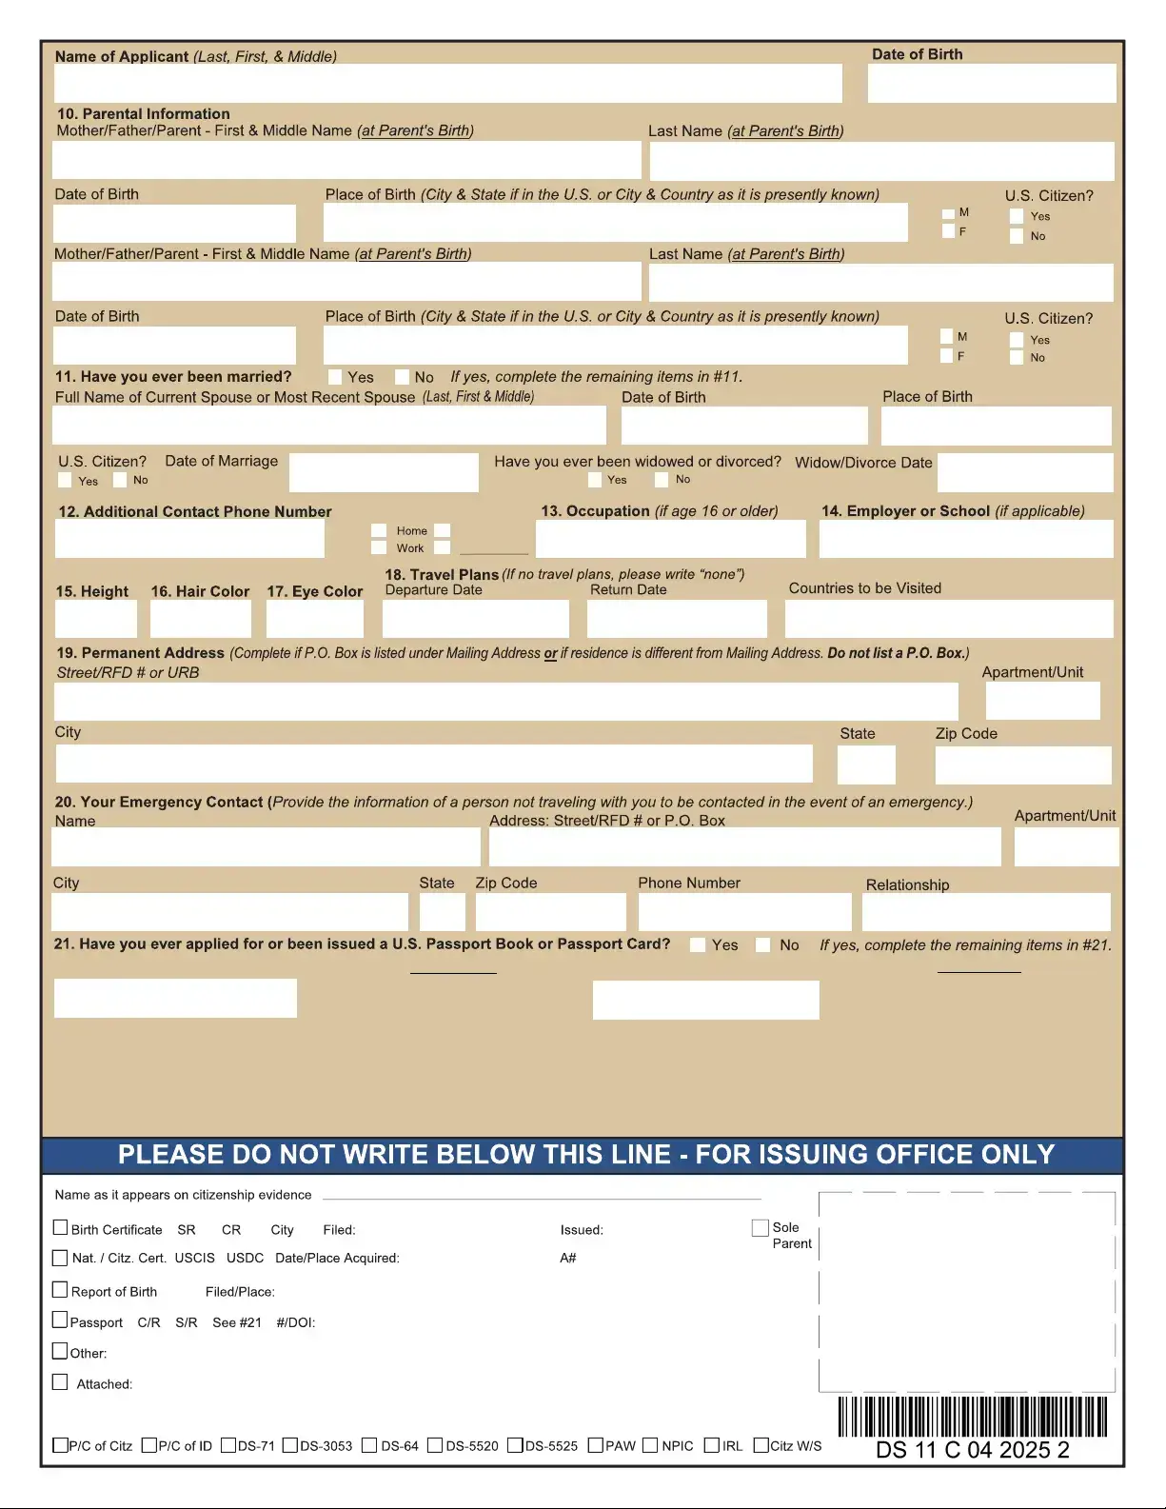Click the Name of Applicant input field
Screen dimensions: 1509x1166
(x=447, y=84)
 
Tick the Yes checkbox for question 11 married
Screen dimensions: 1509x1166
(x=335, y=377)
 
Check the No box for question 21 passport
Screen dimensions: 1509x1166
(x=762, y=944)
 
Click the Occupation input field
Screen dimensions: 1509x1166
(x=670, y=539)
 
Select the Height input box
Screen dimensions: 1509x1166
(x=95, y=619)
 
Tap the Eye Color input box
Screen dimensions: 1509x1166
(x=314, y=619)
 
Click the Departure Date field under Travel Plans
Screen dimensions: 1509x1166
(x=475, y=619)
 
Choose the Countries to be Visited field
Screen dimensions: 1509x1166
(x=948, y=619)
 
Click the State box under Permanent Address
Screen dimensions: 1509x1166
(x=866, y=764)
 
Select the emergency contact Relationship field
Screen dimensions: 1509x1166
(x=985, y=912)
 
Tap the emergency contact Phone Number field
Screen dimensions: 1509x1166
(x=744, y=912)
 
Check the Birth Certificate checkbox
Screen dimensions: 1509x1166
(x=61, y=1228)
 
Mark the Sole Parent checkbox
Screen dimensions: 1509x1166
(x=760, y=1228)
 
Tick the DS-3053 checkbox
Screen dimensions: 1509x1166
(x=290, y=1445)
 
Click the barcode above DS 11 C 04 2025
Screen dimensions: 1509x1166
(x=972, y=1417)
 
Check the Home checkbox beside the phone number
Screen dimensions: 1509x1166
(x=379, y=530)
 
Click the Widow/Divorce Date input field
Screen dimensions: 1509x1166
(x=1024, y=472)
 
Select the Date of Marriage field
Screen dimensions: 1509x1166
(x=383, y=472)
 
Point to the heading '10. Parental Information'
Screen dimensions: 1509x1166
(x=144, y=113)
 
